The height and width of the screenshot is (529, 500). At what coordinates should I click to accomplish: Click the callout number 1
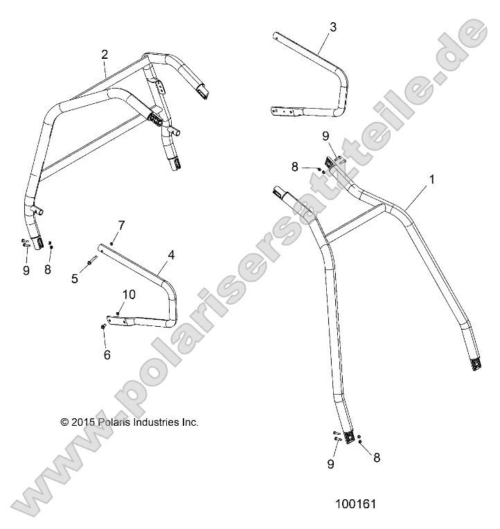432,179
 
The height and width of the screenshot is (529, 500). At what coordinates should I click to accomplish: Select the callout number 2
105,54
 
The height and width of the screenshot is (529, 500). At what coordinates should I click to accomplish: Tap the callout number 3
333,27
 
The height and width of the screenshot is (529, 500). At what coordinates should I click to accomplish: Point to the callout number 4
171,255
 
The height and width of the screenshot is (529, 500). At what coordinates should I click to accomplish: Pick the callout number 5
75,278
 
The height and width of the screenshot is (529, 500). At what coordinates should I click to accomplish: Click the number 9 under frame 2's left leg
26,271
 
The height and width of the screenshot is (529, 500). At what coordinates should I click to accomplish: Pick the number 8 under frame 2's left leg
48,269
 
